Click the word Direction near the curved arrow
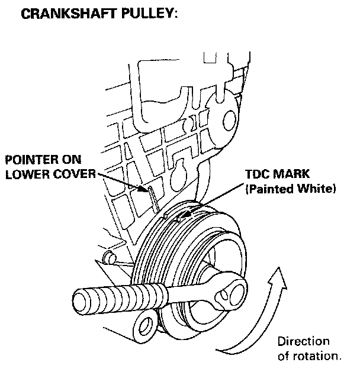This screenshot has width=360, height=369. (303, 342)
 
